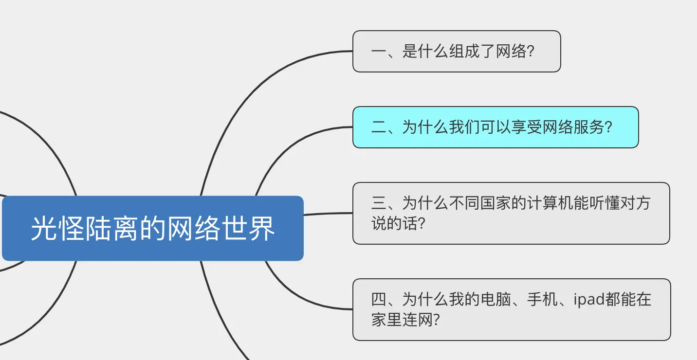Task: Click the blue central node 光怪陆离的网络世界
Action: pos(152,228)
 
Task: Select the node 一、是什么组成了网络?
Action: pos(457,52)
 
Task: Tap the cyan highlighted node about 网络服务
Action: pos(495,127)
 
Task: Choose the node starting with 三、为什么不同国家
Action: pos(511,213)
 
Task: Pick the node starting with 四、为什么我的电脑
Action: pos(512,309)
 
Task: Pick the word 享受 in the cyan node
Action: pos(527,127)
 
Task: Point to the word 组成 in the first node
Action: pos(457,52)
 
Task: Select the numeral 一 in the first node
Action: pos(378,52)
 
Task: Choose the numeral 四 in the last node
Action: pos(378,299)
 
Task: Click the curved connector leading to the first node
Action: pos(253,92)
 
